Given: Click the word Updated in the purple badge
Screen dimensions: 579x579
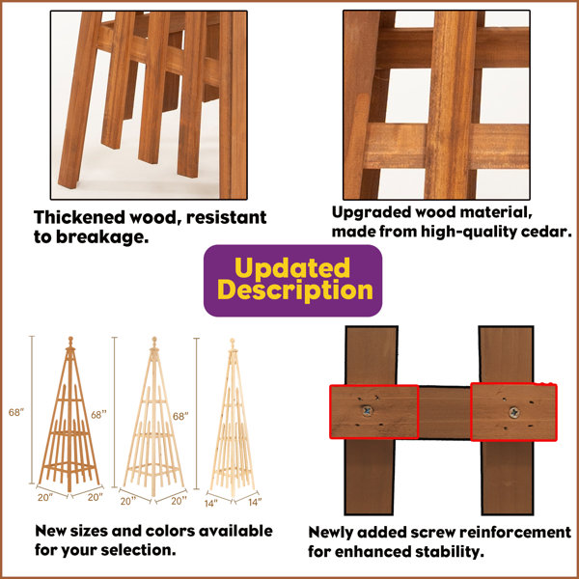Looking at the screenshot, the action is point(292,267).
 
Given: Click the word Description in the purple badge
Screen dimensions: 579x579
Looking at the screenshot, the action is point(295,290).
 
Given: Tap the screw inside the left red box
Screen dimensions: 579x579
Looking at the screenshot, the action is point(367,411).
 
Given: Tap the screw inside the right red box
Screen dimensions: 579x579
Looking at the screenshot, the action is point(514,412).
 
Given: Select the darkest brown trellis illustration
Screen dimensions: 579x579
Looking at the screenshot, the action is point(69,414).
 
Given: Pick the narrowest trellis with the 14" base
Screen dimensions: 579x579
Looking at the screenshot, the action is point(233,417).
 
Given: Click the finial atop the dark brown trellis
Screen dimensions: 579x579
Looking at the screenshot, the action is point(70,342).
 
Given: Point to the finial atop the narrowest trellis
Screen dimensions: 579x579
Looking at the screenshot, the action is point(233,343).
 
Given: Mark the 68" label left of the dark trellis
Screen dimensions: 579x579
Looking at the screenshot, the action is point(16,412).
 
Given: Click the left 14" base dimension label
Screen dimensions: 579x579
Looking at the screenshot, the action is point(210,504).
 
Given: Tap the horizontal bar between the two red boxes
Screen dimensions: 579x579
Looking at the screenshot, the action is point(445,412).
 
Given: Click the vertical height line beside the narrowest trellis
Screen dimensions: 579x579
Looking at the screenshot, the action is point(197,413).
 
